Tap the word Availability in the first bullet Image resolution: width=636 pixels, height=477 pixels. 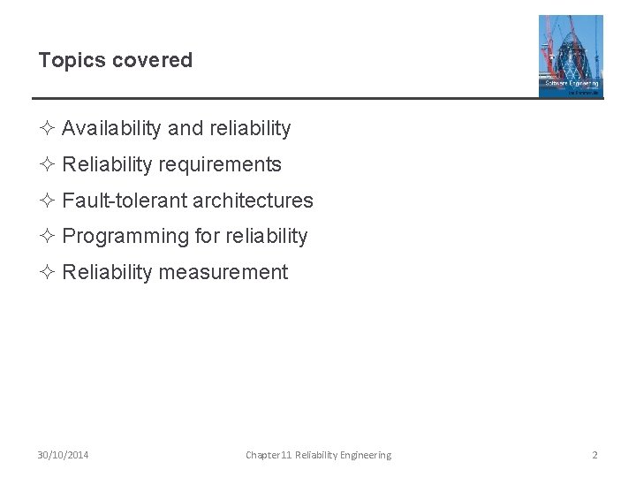pyautogui.click(x=111, y=129)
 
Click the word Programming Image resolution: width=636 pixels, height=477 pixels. pyautogui.click(x=126, y=237)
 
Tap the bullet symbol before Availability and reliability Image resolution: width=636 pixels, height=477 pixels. pyautogui.click(x=48, y=129)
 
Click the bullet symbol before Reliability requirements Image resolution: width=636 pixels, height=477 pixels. pyautogui.click(x=48, y=165)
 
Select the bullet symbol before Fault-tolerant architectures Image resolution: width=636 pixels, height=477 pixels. pyautogui.click(x=48, y=201)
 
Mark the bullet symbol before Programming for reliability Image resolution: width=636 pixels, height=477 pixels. pyautogui.click(x=48, y=237)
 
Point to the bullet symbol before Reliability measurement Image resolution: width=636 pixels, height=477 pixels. pyautogui.click(x=48, y=273)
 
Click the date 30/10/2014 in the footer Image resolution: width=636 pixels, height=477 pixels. pyautogui.click(x=63, y=455)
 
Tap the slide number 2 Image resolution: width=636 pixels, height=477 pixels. pyautogui.click(x=594, y=455)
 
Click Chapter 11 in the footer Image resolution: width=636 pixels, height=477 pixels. pyautogui.click(x=269, y=455)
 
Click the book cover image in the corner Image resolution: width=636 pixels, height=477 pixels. pyautogui.click(x=571, y=56)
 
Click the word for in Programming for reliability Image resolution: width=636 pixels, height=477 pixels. pyautogui.click(x=208, y=237)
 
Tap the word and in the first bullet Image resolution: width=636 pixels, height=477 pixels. pyautogui.click(x=185, y=129)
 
